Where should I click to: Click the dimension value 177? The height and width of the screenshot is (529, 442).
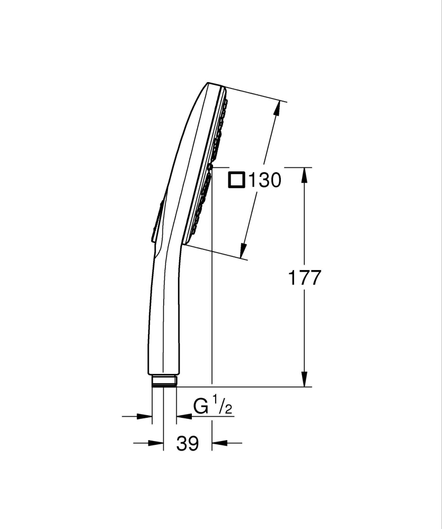coord(304,277)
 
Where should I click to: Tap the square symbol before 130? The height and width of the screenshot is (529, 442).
coord(236,180)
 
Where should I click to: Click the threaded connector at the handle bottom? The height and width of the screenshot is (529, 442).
coord(163,381)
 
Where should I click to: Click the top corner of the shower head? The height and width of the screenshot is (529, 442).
coord(209,83)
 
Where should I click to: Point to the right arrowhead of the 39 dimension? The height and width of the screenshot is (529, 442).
coord(218,443)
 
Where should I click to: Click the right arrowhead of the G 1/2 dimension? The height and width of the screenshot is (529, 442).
coord(182,417)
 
